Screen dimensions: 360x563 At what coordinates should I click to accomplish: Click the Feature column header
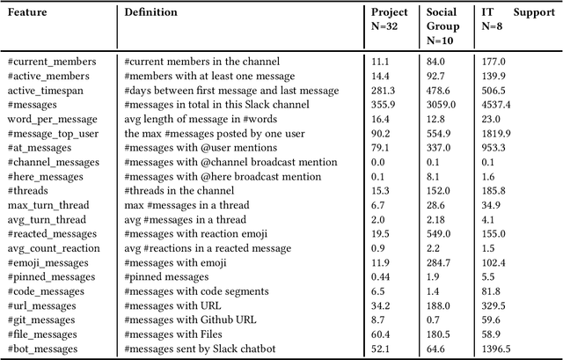tap(27, 12)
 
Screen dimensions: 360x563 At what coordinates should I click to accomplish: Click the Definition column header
tap(150, 12)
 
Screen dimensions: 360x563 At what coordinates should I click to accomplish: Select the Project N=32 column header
tap(388, 19)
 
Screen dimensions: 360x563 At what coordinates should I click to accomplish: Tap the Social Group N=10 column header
tap(442, 26)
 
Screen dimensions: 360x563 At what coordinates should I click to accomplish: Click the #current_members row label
tap(51, 62)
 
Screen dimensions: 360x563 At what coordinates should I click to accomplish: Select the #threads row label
tap(28, 190)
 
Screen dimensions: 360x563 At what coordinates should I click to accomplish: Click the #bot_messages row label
tap(43, 349)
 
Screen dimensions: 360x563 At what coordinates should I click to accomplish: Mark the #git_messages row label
tap(40, 319)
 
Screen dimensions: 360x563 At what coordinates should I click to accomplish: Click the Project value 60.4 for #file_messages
tap(380, 334)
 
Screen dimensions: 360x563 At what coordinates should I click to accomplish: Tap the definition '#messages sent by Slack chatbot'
tap(200, 349)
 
